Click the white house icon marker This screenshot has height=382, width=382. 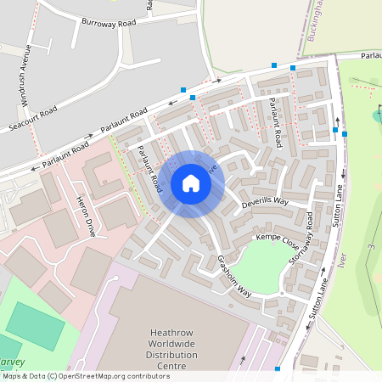(191, 183)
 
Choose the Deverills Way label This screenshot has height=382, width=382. (265, 201)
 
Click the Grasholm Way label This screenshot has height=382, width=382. (234, 276)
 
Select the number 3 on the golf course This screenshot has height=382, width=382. (370, 247)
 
